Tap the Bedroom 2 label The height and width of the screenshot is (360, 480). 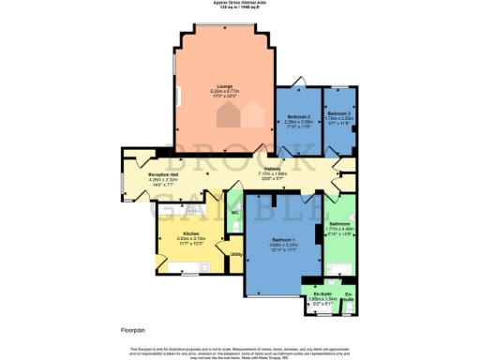point(298,116)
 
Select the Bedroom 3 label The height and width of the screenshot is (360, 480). point(338,113)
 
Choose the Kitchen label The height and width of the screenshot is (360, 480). point(190,232)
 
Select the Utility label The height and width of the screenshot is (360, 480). point(236,254)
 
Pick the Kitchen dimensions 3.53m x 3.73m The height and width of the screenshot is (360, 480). point(190,238)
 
